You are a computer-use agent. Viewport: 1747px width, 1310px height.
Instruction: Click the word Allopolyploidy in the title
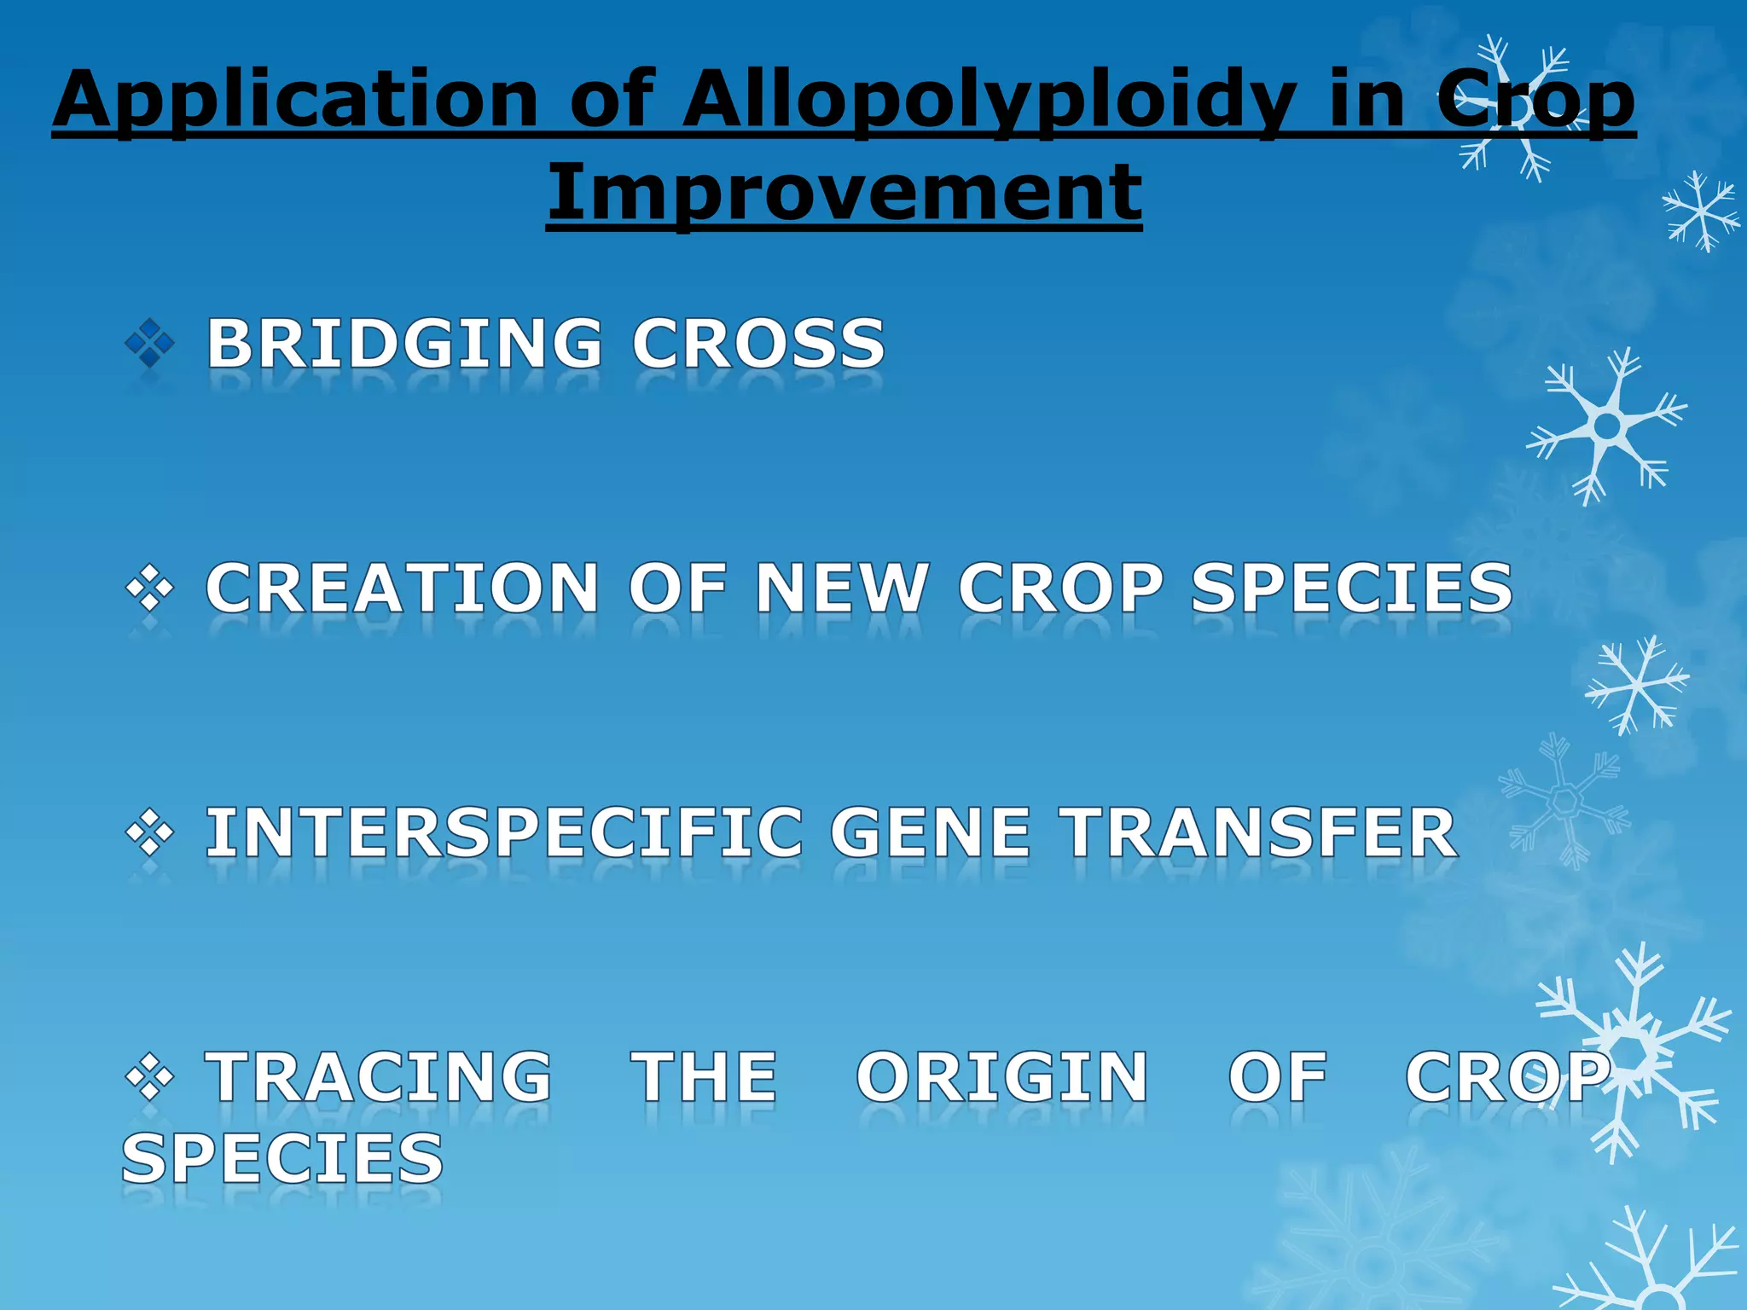tap(990, 101)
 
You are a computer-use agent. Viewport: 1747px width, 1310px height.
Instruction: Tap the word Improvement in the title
tap(844, 191)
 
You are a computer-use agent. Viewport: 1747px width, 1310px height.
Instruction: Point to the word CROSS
tap(758, 344)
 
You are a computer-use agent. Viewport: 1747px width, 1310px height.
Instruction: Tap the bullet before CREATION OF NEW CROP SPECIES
tap(149, 588)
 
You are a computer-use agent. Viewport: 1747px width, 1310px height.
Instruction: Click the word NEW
tap(841, 588)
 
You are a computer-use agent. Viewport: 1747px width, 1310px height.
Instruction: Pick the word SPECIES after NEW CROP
tap(1351, 588)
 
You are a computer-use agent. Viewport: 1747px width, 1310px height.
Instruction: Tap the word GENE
tap(931, 833)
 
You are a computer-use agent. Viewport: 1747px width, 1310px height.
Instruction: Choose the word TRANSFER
tap(1258, 833)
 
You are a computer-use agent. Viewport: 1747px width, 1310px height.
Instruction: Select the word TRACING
tap(380, 1077)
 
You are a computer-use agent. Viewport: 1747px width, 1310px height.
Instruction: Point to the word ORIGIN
tap(1002, 1077)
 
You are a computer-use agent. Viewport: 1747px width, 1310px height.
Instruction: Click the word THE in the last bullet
tap(704, 1077)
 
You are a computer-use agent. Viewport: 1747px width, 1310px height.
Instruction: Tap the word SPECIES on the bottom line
tap(282, 1158)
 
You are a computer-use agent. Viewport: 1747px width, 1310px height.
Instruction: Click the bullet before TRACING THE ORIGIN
tap(149, 1077)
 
